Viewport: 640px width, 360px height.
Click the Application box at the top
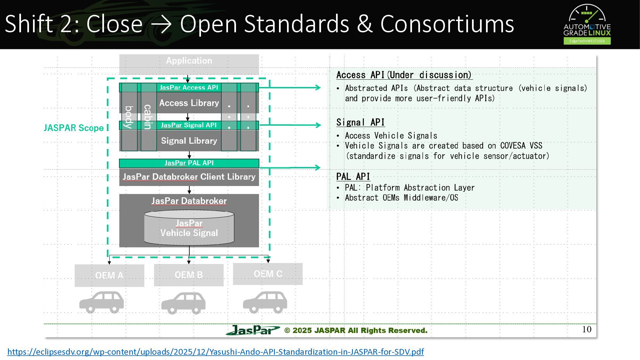(x=189, y=64)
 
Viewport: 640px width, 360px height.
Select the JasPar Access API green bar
(x=189, y=87)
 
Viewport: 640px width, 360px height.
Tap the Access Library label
(x=189, y=103)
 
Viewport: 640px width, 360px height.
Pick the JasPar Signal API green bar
(x=189, y=125)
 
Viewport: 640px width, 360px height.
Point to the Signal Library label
(x=189, y=141)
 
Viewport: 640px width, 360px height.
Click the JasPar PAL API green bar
(x=189, y=163)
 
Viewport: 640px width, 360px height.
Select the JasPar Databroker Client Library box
(x=189, y=177)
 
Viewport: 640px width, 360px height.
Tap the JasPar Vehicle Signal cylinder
(x=189, y=228)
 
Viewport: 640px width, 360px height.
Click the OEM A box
(x=109, y=276)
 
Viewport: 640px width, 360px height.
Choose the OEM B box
(x=189, y=275)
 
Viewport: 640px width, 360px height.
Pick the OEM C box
(x=268, y=274)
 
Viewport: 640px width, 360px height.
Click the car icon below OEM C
(x=265, y=302)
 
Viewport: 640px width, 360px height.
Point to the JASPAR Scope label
(x=74, y=128)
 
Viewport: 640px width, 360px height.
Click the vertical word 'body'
(x=129, y=117)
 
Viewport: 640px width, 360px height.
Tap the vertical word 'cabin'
(x=148, y=117)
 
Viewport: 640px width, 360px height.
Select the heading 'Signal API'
(x=361, y=122)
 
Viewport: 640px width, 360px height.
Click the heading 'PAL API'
(x=353, y=177)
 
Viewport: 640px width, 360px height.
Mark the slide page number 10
(x=587, y=329)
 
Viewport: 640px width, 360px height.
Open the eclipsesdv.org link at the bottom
(x=216, y=352)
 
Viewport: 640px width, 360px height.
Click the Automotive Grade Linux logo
(x=587, y=24)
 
